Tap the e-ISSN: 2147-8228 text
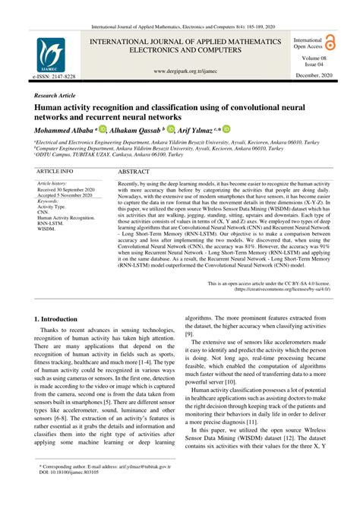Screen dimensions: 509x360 pos(54,77)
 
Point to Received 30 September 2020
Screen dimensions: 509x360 pos(66,189)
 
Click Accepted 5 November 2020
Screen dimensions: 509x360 pos(66,195)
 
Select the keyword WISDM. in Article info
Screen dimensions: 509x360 pos(46,228)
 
